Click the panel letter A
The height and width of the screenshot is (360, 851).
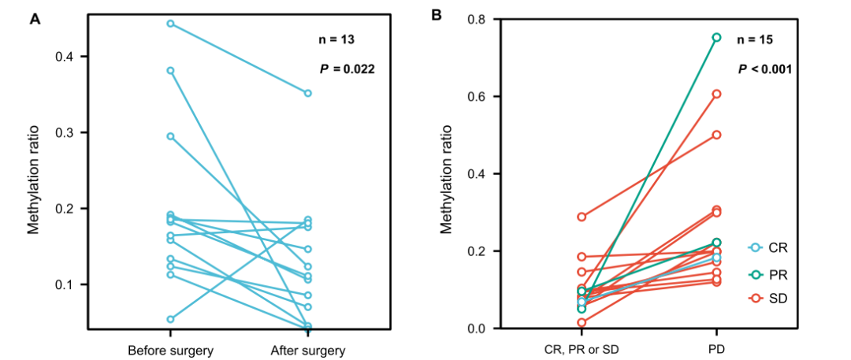tap(35, 19)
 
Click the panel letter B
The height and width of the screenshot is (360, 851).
tap(438, 14)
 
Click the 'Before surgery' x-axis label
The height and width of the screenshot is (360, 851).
tap(170, 349)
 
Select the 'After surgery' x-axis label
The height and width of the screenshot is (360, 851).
tap(307, 349)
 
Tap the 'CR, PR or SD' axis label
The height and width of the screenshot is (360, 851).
tap(581, 349)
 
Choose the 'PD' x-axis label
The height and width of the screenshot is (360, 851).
tap(716, 349)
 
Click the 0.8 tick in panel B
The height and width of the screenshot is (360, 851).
tap(477, 19)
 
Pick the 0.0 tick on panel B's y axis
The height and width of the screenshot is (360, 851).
tap(477, 328)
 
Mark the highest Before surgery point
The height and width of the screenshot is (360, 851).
tap(170, 24)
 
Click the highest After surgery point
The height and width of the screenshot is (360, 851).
tap(307, 93)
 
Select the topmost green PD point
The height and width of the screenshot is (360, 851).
tap(716, 37)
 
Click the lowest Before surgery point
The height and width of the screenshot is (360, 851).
tap(170, 319)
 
